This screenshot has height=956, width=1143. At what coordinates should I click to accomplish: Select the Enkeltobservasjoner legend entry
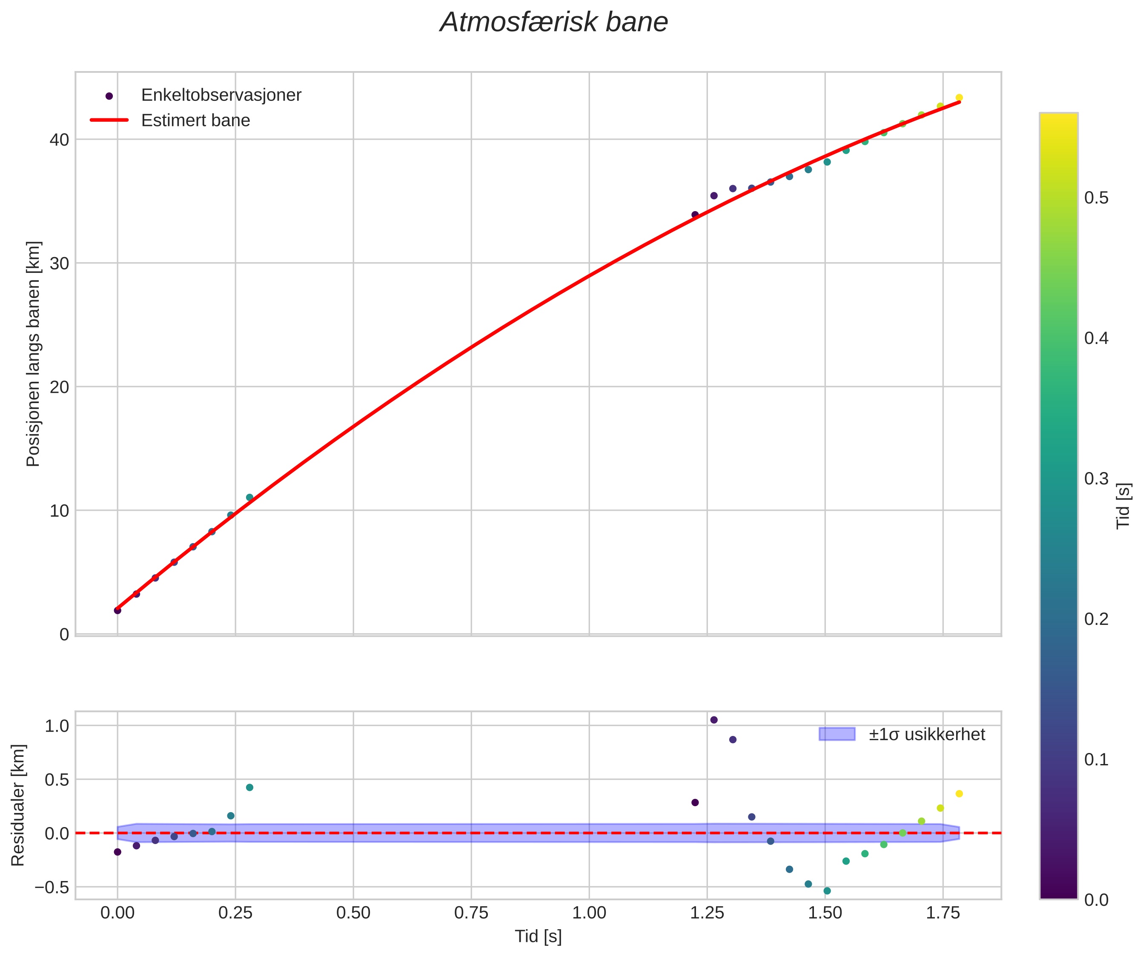[221, 95]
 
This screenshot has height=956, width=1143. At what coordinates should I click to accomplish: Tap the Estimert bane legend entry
[195, 120]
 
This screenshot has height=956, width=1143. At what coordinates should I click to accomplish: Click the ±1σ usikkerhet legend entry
[926, 735]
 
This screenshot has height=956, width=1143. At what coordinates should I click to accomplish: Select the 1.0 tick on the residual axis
[56, 726]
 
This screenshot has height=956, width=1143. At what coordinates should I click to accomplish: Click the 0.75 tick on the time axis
[471, 913]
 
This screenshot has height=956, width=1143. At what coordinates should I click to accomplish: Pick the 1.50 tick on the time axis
[825, 913]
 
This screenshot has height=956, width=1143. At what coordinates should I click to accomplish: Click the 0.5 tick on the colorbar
[1096, 198]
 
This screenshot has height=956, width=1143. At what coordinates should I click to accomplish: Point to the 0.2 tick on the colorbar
[1096, 619]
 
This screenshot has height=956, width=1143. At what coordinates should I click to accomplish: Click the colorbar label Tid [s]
[1123, 506]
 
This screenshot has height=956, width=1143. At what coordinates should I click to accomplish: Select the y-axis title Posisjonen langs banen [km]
[33, 354]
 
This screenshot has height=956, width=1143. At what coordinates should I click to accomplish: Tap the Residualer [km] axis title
[18, 805]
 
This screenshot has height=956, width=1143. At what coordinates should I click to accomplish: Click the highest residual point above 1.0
[713, 720]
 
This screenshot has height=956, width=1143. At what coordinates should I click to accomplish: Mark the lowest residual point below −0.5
[827, 891]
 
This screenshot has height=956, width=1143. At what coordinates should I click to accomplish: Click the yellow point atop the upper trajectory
[959, 98]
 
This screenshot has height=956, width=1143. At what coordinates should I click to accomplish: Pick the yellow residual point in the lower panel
[959, 794]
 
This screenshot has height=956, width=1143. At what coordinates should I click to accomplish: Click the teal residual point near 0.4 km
[249, 787]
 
